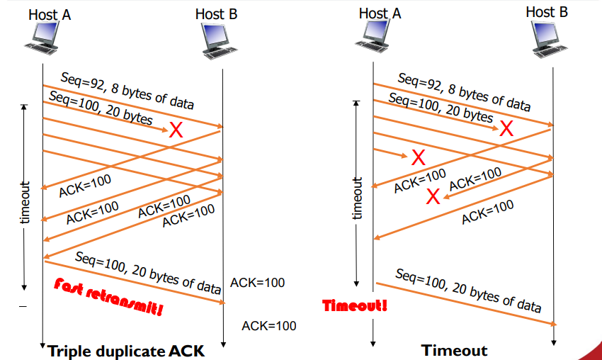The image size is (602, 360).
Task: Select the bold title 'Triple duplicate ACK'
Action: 127,350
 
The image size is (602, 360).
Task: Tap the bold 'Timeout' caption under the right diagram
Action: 454,350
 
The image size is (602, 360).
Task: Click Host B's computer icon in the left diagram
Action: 220,39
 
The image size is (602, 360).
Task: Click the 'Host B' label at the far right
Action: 547,11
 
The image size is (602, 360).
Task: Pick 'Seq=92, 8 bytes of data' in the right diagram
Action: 464,92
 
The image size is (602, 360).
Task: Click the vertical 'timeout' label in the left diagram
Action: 26,202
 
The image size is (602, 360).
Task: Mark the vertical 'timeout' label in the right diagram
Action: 358,198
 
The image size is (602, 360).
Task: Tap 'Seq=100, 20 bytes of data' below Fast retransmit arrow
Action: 148,272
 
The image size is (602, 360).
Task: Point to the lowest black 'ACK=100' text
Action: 268,326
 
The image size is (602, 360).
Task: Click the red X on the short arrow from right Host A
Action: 419,156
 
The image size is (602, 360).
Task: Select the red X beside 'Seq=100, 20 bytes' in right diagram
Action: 506,128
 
